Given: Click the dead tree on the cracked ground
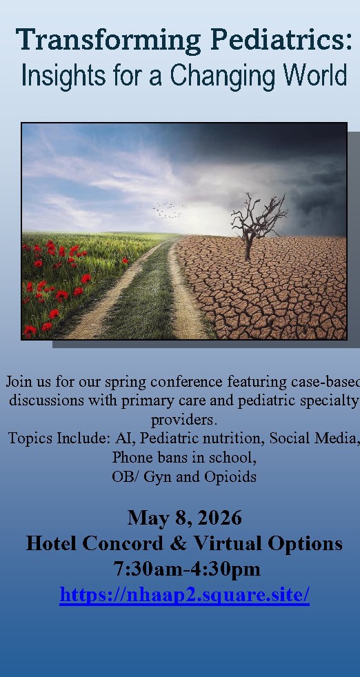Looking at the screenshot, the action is pos(257,226).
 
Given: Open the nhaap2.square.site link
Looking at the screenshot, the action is pos(185,595).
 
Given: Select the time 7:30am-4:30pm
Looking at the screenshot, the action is pos(187,569).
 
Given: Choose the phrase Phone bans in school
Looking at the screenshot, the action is pos(184,458).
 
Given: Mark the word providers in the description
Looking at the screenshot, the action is pos(183,420).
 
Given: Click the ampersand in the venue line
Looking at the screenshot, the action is pos(178,543).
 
